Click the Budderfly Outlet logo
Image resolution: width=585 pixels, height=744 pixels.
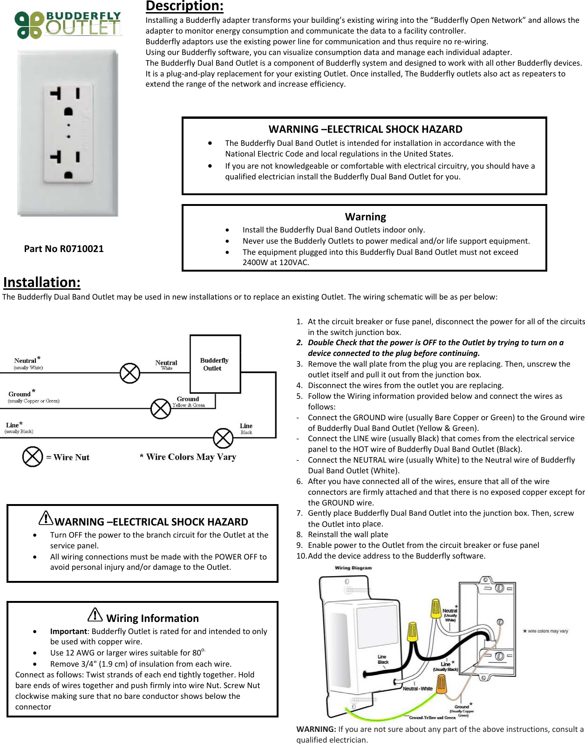pos(68,25)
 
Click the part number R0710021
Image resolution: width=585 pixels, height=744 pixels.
pos(64,249)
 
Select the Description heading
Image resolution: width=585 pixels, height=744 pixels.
pos(184,6)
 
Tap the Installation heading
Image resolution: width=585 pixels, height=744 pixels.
pos(42,282)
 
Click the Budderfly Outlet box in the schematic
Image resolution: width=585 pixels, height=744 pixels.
pos(215,364)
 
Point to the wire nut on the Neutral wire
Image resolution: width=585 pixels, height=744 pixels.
pos(130,373)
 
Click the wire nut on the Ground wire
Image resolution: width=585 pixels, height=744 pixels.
pos(161,409)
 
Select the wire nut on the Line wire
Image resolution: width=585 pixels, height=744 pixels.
pos(223,438)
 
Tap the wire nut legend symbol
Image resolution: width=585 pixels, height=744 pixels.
pos(33,457)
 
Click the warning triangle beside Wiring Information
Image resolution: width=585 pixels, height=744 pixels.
pos(95,615)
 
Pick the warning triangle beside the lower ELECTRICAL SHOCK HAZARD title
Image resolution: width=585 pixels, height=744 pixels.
pos(46,518)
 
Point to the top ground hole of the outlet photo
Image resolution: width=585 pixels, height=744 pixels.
pos(68,111)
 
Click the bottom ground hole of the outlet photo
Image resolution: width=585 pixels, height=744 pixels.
pos(68,175)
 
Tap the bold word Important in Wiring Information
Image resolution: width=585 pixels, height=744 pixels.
pos(68,631)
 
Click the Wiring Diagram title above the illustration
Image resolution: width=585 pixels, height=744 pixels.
pos(353,568)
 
